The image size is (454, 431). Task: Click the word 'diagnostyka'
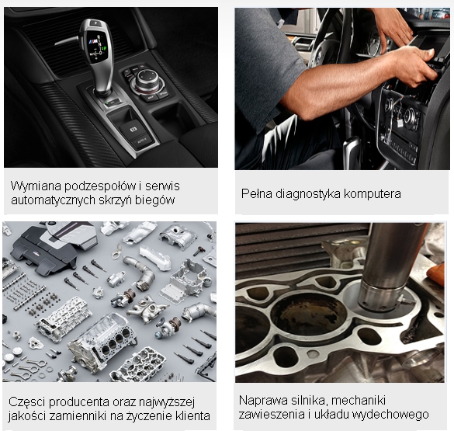point(308,194)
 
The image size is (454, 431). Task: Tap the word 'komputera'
point(373,194)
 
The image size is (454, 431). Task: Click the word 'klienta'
point(192,416)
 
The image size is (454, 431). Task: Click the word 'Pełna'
point(257,194)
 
